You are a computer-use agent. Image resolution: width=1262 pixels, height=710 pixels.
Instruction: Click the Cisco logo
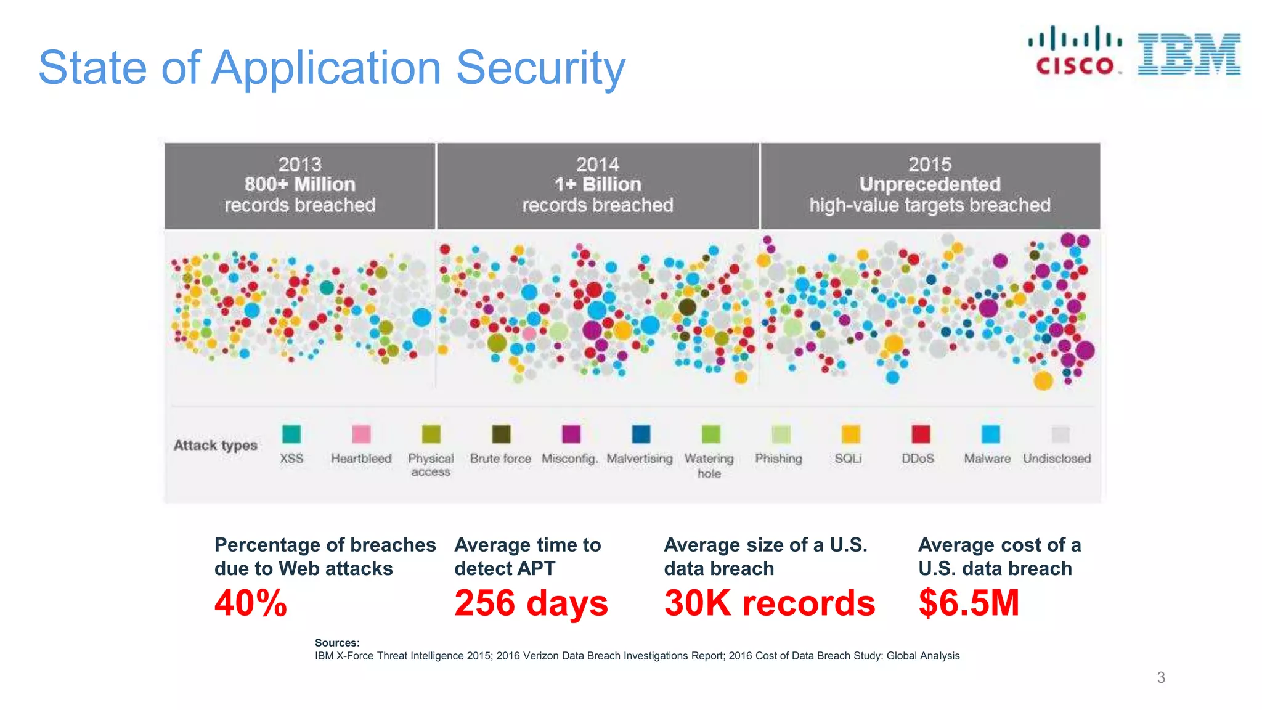coord(1075,51)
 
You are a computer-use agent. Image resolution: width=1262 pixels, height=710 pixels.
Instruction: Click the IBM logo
coord(1189,54)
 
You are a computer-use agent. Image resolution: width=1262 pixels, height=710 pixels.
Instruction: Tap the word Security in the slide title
coord(540,67)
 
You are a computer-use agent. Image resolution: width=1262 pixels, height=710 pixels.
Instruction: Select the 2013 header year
coord(299,165)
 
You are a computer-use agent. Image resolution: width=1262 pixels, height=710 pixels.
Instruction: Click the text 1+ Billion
coord(597,184)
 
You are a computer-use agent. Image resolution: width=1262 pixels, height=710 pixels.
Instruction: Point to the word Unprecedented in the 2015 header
coord(929,184)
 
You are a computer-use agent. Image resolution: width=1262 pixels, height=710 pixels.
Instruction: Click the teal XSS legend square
coord(291,434)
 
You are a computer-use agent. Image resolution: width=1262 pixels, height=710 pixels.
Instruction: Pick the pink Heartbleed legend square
coord(361,434)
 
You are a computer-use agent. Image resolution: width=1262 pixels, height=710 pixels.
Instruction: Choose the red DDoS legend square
coord(921,434)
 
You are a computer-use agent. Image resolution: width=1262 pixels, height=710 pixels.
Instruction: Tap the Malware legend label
coord(987,459)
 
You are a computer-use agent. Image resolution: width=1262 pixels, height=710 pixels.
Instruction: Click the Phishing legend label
coord(778,459)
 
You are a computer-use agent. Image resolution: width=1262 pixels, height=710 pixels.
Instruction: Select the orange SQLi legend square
coord(850,434)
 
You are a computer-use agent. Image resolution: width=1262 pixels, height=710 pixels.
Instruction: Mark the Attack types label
coord(215,445)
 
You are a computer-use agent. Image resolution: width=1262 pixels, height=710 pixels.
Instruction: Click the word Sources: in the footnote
coord(337,642)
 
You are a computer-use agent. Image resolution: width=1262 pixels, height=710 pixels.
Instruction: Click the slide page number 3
coord(1161,677)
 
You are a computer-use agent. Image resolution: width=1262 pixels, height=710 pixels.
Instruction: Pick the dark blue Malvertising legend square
coord(641,434)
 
